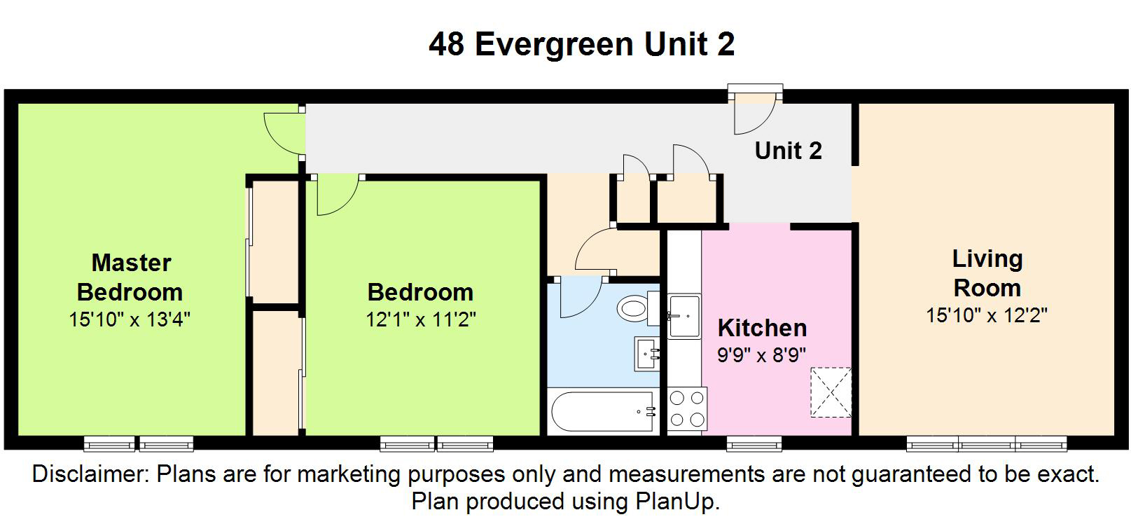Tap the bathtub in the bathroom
coord(604,411)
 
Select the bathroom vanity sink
coord(647,353)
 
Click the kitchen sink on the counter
coord(684,316)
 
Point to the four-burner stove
coord(687,408)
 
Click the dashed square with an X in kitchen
coord(831,392)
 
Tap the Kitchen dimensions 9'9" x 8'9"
coord(761,355)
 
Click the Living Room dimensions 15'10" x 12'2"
coord(987,315)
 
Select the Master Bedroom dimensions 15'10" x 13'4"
coord(130,319)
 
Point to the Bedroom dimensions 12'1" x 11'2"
coord(421,319)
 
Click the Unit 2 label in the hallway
coord(788,151)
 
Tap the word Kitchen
coord(762,328)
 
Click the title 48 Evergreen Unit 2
coord(582,43)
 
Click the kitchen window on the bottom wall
coord(754,443)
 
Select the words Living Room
coord(987,273)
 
